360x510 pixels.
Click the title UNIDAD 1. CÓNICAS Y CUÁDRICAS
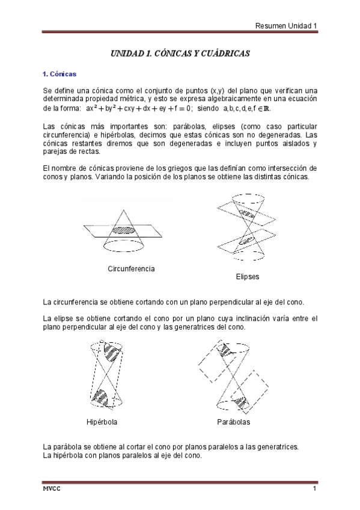(180, 54)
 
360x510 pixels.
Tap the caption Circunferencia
(130, 269)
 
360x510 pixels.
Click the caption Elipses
(248, 277)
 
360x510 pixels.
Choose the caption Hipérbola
(102, 422)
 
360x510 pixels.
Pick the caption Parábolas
(234, 422)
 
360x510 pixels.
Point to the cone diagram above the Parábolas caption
(236, 376)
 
